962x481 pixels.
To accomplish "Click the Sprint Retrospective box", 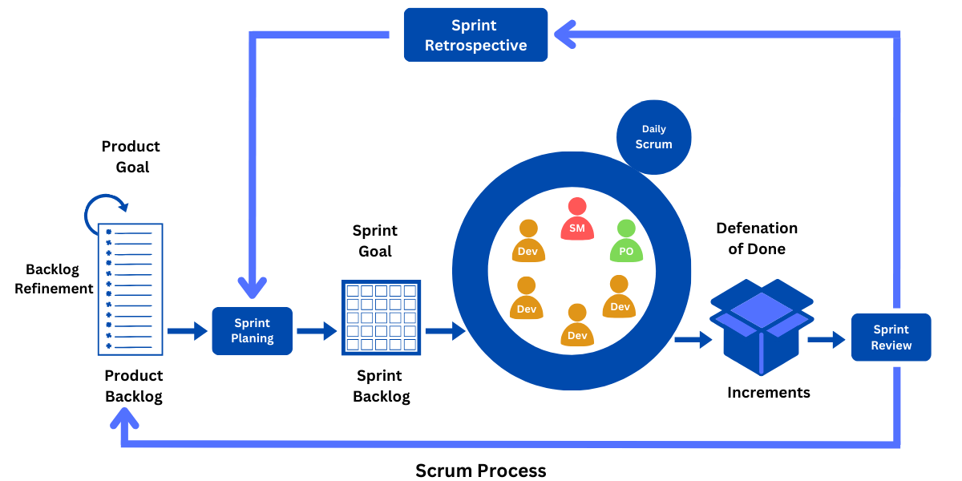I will pyautogui.click(x=475, y=35).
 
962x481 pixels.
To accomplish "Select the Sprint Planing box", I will pyautogui.click(x=252, y=331).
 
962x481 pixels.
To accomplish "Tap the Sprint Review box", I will pyautogui.click(x=891, y=338).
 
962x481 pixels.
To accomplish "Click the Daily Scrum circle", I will pyautogui.click(x=653, y=137).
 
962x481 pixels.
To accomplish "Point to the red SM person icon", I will pyautogui.click(x=576, y=219).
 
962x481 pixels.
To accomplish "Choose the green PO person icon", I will pyautogui.click(x=626, y=241).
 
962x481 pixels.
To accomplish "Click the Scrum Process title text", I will pyautogui.click(x=480, y=471).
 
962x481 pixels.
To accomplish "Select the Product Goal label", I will pyautogui.click(x=131, y=156).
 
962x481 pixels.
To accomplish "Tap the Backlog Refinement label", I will pyautogui.click(x=54, y=278).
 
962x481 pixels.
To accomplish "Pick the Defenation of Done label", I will pyautogui.click(x=757, y=238).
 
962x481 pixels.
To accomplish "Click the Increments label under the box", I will pyautogui.click(x=768, y=393).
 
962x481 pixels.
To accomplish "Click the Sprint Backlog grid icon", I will pyautogui.click(x=381, y=317).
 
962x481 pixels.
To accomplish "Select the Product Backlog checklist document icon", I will pyautogui.click(x=130, y=289).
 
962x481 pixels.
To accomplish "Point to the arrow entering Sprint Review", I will pyautogui.click(x=827, y=340).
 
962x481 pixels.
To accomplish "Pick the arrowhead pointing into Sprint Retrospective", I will pyautogui.click(x=564, y=34).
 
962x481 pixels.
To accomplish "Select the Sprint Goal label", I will pyautogui.click(x=374, y=240).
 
